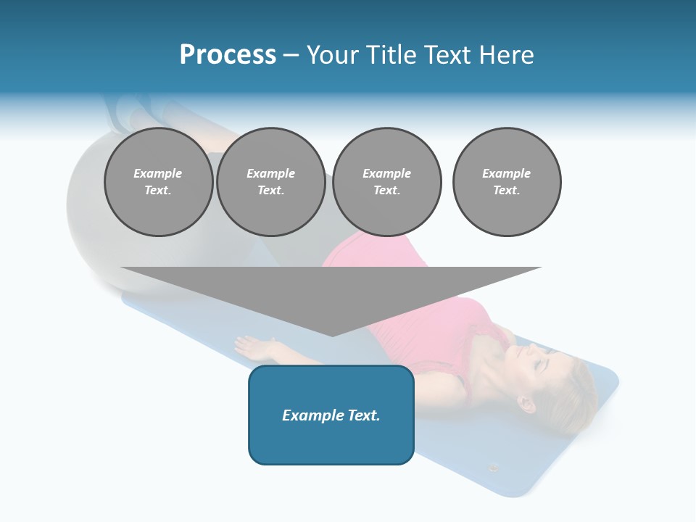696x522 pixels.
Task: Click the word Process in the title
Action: [x=228, y=55]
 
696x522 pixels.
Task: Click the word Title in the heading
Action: [x=388, y=55]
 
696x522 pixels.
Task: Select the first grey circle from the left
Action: [x=158, y=182]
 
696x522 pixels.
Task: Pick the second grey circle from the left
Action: [x=270, y=182]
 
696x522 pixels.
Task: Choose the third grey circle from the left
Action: [x=386, y=182]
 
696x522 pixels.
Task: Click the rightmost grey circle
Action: [x=507, y=182]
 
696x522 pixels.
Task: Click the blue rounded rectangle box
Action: [x=331, y=415]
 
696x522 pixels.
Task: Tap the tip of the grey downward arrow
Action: [x=332, y=334]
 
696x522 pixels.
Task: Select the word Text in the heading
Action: [x=446, y=55]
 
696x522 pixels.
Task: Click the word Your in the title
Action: [x=333, y=55]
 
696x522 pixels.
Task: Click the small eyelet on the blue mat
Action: [x=494, y=468]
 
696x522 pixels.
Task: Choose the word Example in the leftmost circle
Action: [x=158, y=174]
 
